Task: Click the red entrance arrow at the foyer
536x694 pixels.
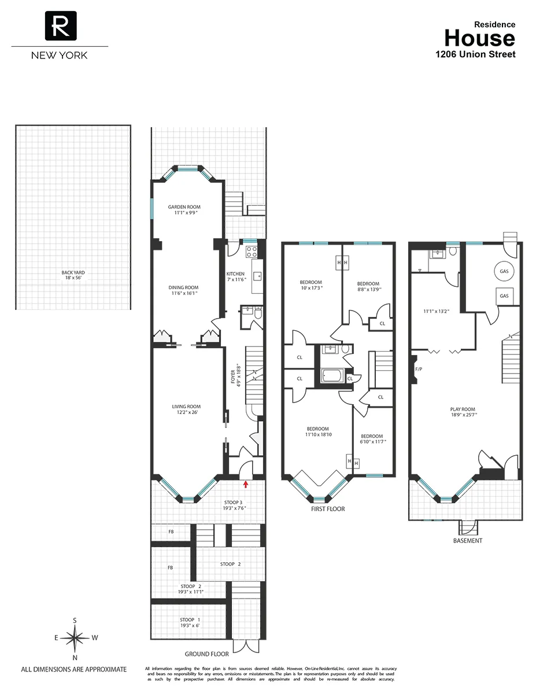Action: point(246,483)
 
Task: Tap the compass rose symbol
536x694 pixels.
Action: point(75,638)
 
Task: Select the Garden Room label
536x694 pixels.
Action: point(183,207)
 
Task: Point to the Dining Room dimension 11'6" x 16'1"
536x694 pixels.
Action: point(183,293)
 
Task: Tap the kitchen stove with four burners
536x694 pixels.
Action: point(252,252)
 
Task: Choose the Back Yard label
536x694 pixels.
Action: point(73,272)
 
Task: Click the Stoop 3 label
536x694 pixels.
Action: point(235,502)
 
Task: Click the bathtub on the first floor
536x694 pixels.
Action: point(332,377)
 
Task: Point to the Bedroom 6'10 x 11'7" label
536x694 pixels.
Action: point(371,437)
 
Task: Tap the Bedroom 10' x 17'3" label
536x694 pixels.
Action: point(311,282)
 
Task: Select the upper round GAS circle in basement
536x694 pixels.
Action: point(504,271)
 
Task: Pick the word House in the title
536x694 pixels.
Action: point(479,38)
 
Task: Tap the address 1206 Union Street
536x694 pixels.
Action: point(475,54)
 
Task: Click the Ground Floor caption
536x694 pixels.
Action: point(206,654)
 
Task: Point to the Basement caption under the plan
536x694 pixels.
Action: point(468,541)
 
